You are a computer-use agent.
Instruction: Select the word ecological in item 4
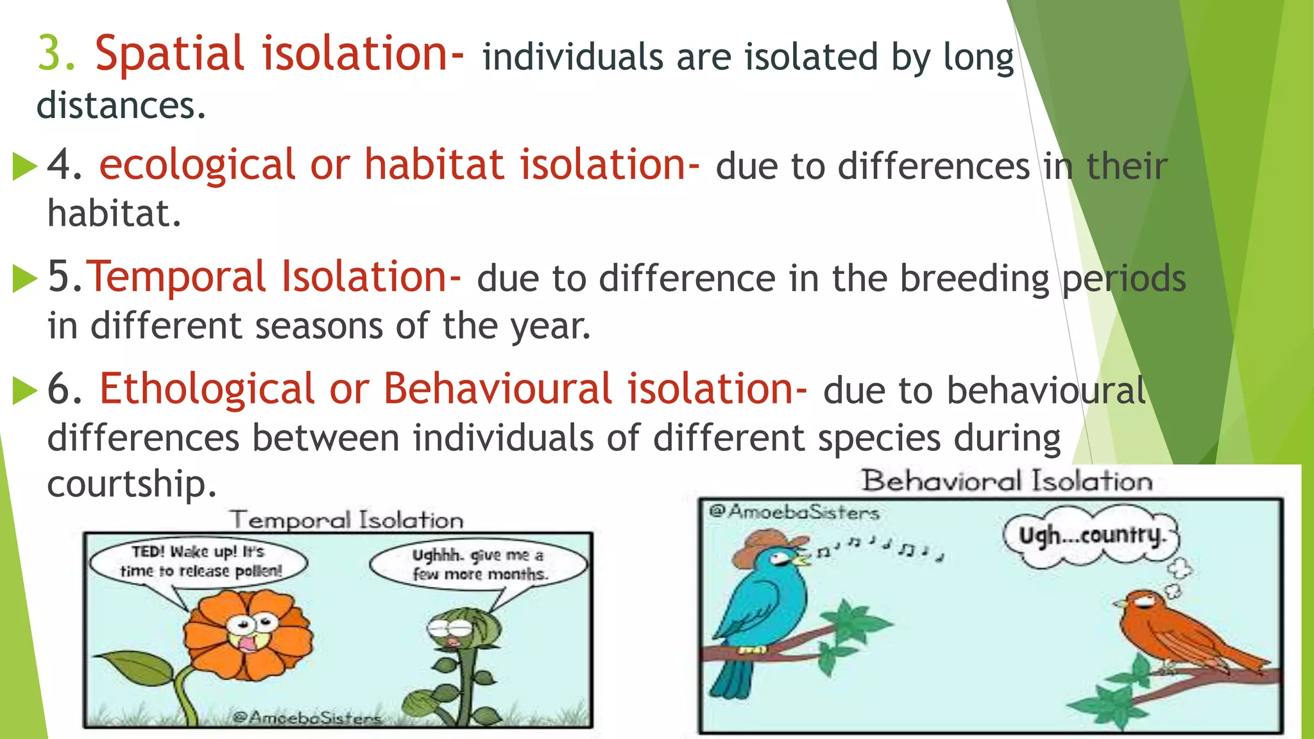(196, 165)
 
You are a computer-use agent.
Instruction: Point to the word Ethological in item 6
(206, 389)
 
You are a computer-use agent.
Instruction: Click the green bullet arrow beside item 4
(24, 167)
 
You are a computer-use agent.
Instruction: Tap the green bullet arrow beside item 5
(24, 279)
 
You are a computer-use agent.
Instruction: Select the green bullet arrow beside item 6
(24, 391)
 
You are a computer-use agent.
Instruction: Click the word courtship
(132, 484)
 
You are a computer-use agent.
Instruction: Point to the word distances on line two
(121, 106)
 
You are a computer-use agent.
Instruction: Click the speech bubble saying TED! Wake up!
(199, 562)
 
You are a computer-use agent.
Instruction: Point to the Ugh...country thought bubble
(1091, 536)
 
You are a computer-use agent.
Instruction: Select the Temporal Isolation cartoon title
(346, 520)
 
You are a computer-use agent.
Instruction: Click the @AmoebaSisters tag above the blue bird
(794, 512)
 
